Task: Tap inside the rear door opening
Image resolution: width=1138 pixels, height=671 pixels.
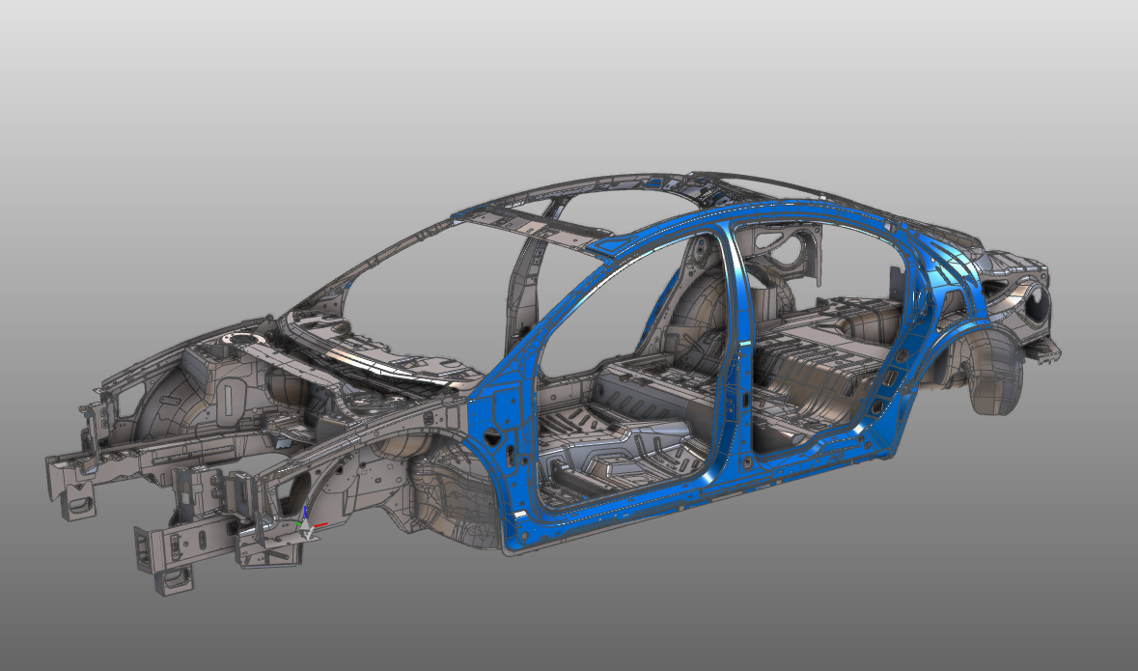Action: [x=820, y=319]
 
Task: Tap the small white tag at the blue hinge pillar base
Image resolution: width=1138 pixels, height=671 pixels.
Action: [x=522, y=517]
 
